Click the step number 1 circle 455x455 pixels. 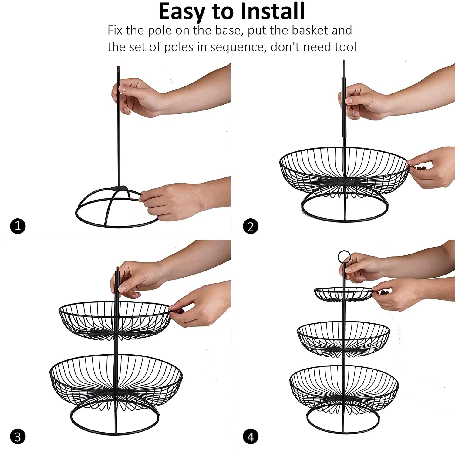pos(18,226)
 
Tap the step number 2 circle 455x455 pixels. pos(251,226)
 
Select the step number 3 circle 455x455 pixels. pos(18,437)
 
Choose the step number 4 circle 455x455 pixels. pos(251,437)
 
